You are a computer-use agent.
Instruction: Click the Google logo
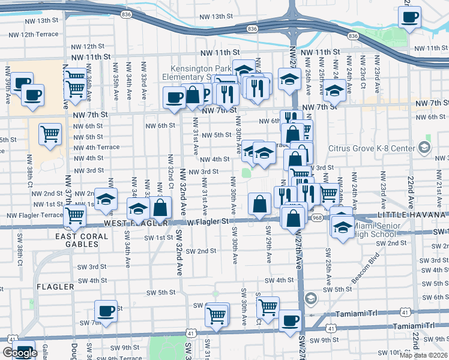20,353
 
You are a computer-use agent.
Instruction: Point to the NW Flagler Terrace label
34,215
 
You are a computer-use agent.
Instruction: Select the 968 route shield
317,218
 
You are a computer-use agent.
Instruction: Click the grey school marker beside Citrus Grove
425,147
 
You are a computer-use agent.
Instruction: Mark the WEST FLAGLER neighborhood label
126,223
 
